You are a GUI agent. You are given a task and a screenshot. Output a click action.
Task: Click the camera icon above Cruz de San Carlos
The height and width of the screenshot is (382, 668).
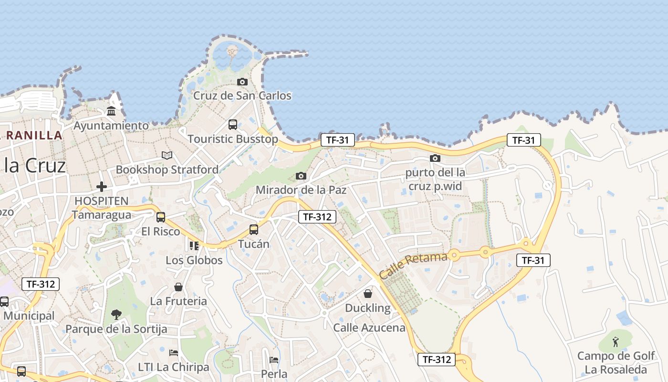pos(242,82)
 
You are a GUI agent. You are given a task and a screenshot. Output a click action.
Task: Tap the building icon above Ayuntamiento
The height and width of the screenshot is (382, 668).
pos(111,111)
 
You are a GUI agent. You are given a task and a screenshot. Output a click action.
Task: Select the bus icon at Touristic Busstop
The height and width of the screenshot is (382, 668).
pos(233,125)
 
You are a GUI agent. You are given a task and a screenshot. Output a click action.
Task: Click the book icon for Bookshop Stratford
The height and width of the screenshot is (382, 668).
pos(167,155)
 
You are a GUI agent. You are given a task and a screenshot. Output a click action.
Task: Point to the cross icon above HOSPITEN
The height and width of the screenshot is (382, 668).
pos(102,186)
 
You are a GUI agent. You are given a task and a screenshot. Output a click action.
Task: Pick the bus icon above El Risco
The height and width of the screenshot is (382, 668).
pos(161,217)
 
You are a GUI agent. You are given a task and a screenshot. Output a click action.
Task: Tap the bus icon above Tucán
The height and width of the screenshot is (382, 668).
pos(254,230)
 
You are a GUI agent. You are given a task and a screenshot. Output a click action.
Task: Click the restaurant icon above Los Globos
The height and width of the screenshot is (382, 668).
pos(194,245)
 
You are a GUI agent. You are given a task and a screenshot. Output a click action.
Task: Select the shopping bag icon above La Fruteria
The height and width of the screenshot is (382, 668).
pos(178,287)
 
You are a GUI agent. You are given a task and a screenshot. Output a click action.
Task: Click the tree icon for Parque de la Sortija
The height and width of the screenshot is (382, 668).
pos(116,314)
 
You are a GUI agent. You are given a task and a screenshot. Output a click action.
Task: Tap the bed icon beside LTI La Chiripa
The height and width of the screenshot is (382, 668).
pos(174,353)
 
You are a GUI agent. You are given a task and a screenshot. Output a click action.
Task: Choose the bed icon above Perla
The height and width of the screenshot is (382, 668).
pos(274,360)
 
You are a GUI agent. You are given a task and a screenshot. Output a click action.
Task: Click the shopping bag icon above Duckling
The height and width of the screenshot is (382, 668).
pos(368,293)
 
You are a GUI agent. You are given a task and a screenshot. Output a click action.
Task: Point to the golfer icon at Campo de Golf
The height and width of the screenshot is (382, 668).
pos(616,342)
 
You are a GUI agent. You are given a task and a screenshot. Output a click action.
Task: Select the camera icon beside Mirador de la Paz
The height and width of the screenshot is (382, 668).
pos(301,176)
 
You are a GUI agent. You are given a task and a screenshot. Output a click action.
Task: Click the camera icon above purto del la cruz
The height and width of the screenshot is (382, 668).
pos(435,158)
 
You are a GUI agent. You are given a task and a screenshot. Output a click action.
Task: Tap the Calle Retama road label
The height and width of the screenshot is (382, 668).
pos(413,265)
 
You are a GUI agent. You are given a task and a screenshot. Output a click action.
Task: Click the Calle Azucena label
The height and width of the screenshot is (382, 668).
pos(369,328)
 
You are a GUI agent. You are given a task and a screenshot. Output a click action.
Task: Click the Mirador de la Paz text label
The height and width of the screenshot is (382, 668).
pos(301,190)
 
